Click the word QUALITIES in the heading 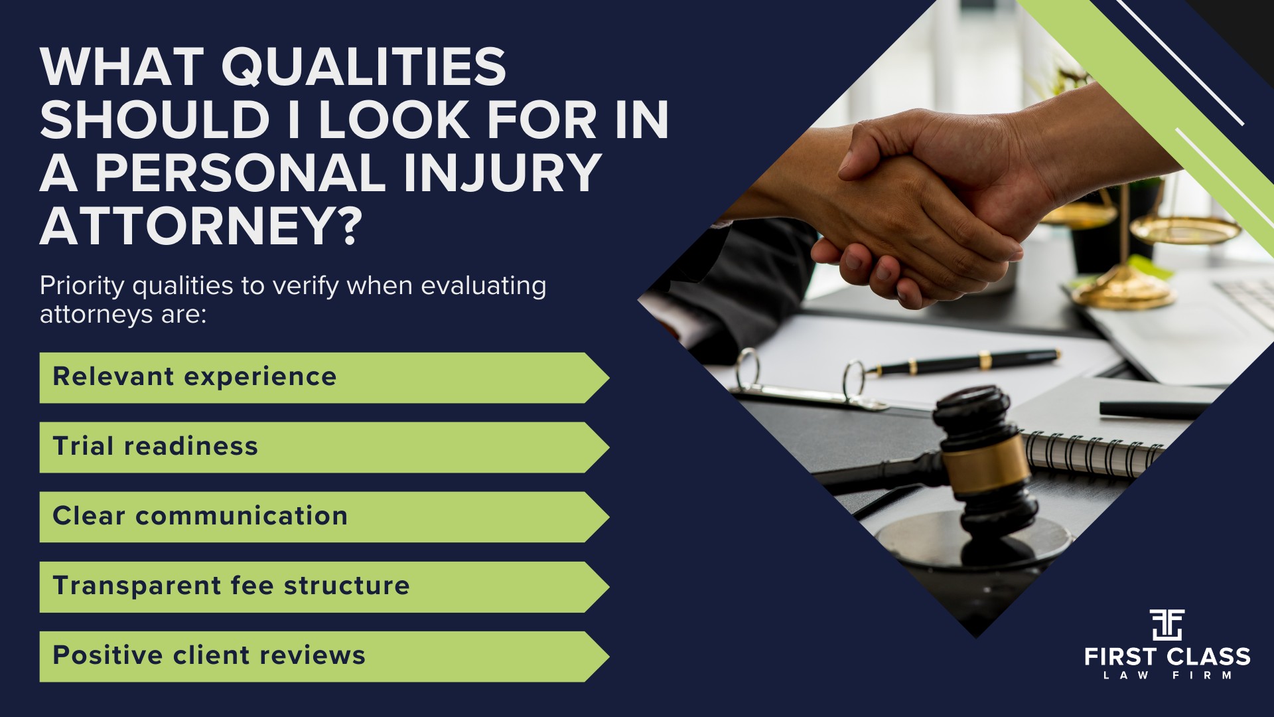(363, 67)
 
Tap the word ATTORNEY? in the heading (201, 226)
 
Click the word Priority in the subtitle (82, 286)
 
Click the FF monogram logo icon (1167, 624)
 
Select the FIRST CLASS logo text (1167, 657)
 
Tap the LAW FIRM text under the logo (1167, 675)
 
